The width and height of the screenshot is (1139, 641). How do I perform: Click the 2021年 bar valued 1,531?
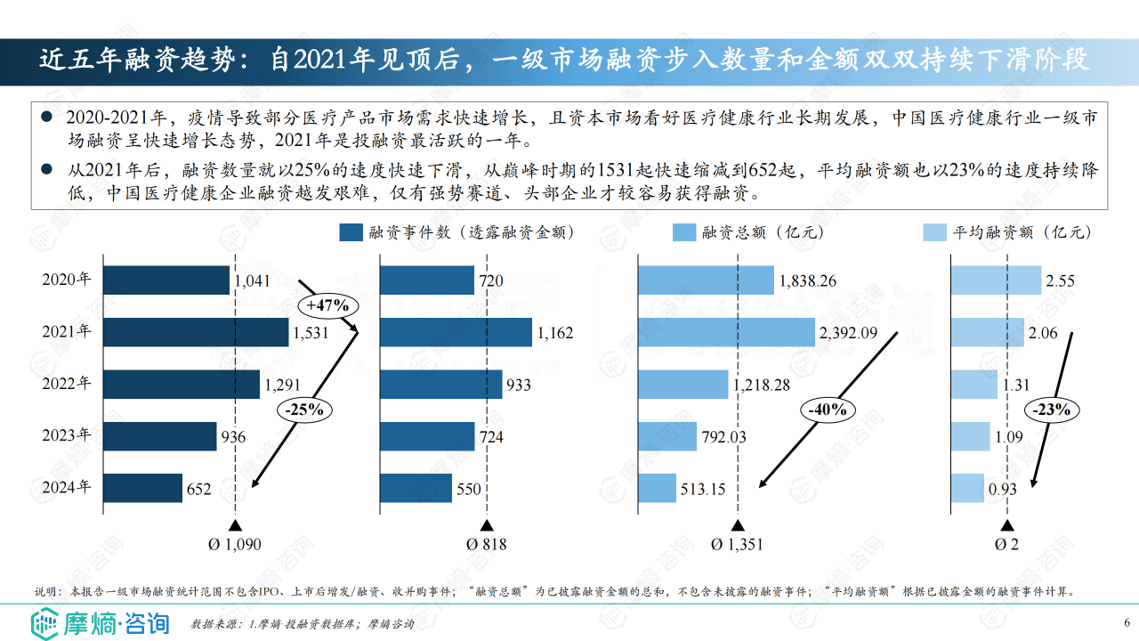[196, 332]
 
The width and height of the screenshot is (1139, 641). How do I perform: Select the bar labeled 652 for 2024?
[142, 488]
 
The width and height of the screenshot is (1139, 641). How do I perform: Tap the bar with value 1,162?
[456, 332]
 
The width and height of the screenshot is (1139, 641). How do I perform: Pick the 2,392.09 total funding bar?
[726, 332]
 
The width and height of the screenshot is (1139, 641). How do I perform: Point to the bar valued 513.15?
[657, 488]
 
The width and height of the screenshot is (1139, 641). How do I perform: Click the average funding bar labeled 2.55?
[995, 280]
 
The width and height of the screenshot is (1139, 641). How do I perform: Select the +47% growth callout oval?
[329, 305]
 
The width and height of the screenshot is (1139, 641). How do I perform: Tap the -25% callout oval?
[305, 410]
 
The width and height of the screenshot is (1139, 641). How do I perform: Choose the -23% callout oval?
[1053, 410]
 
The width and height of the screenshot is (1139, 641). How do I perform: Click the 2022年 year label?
[67, 385]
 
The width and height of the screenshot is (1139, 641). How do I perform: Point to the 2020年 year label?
[67, 280]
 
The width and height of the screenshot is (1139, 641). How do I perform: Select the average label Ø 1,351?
[738, 545]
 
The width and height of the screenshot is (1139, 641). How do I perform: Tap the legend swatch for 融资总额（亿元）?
[683, 233]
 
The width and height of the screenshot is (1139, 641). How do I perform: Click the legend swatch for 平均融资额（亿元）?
[934, 233]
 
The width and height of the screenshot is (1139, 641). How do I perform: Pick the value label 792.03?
[724, 437]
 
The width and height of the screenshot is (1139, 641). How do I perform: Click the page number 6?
[1127, 621]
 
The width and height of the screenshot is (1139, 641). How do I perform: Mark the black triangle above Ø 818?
[487, 526]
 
